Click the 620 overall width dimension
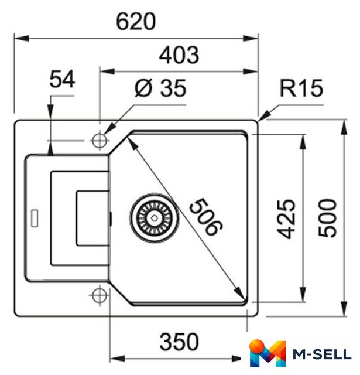[136, 22]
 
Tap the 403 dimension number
[179, 55]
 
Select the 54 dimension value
[62, 79]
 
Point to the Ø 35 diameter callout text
[160, 88]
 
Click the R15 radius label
[301, 88]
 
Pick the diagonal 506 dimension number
[205, 217]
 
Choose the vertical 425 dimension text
[286, 219]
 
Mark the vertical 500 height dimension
[327, 218]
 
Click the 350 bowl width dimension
[179, 342]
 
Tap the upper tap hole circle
[100, 141]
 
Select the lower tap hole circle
[100, 295]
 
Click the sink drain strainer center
[155, 218]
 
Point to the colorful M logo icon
[268, 353]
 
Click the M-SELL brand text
[322, 354]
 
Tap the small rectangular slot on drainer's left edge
[35, 218]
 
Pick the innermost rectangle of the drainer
[93, 218]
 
